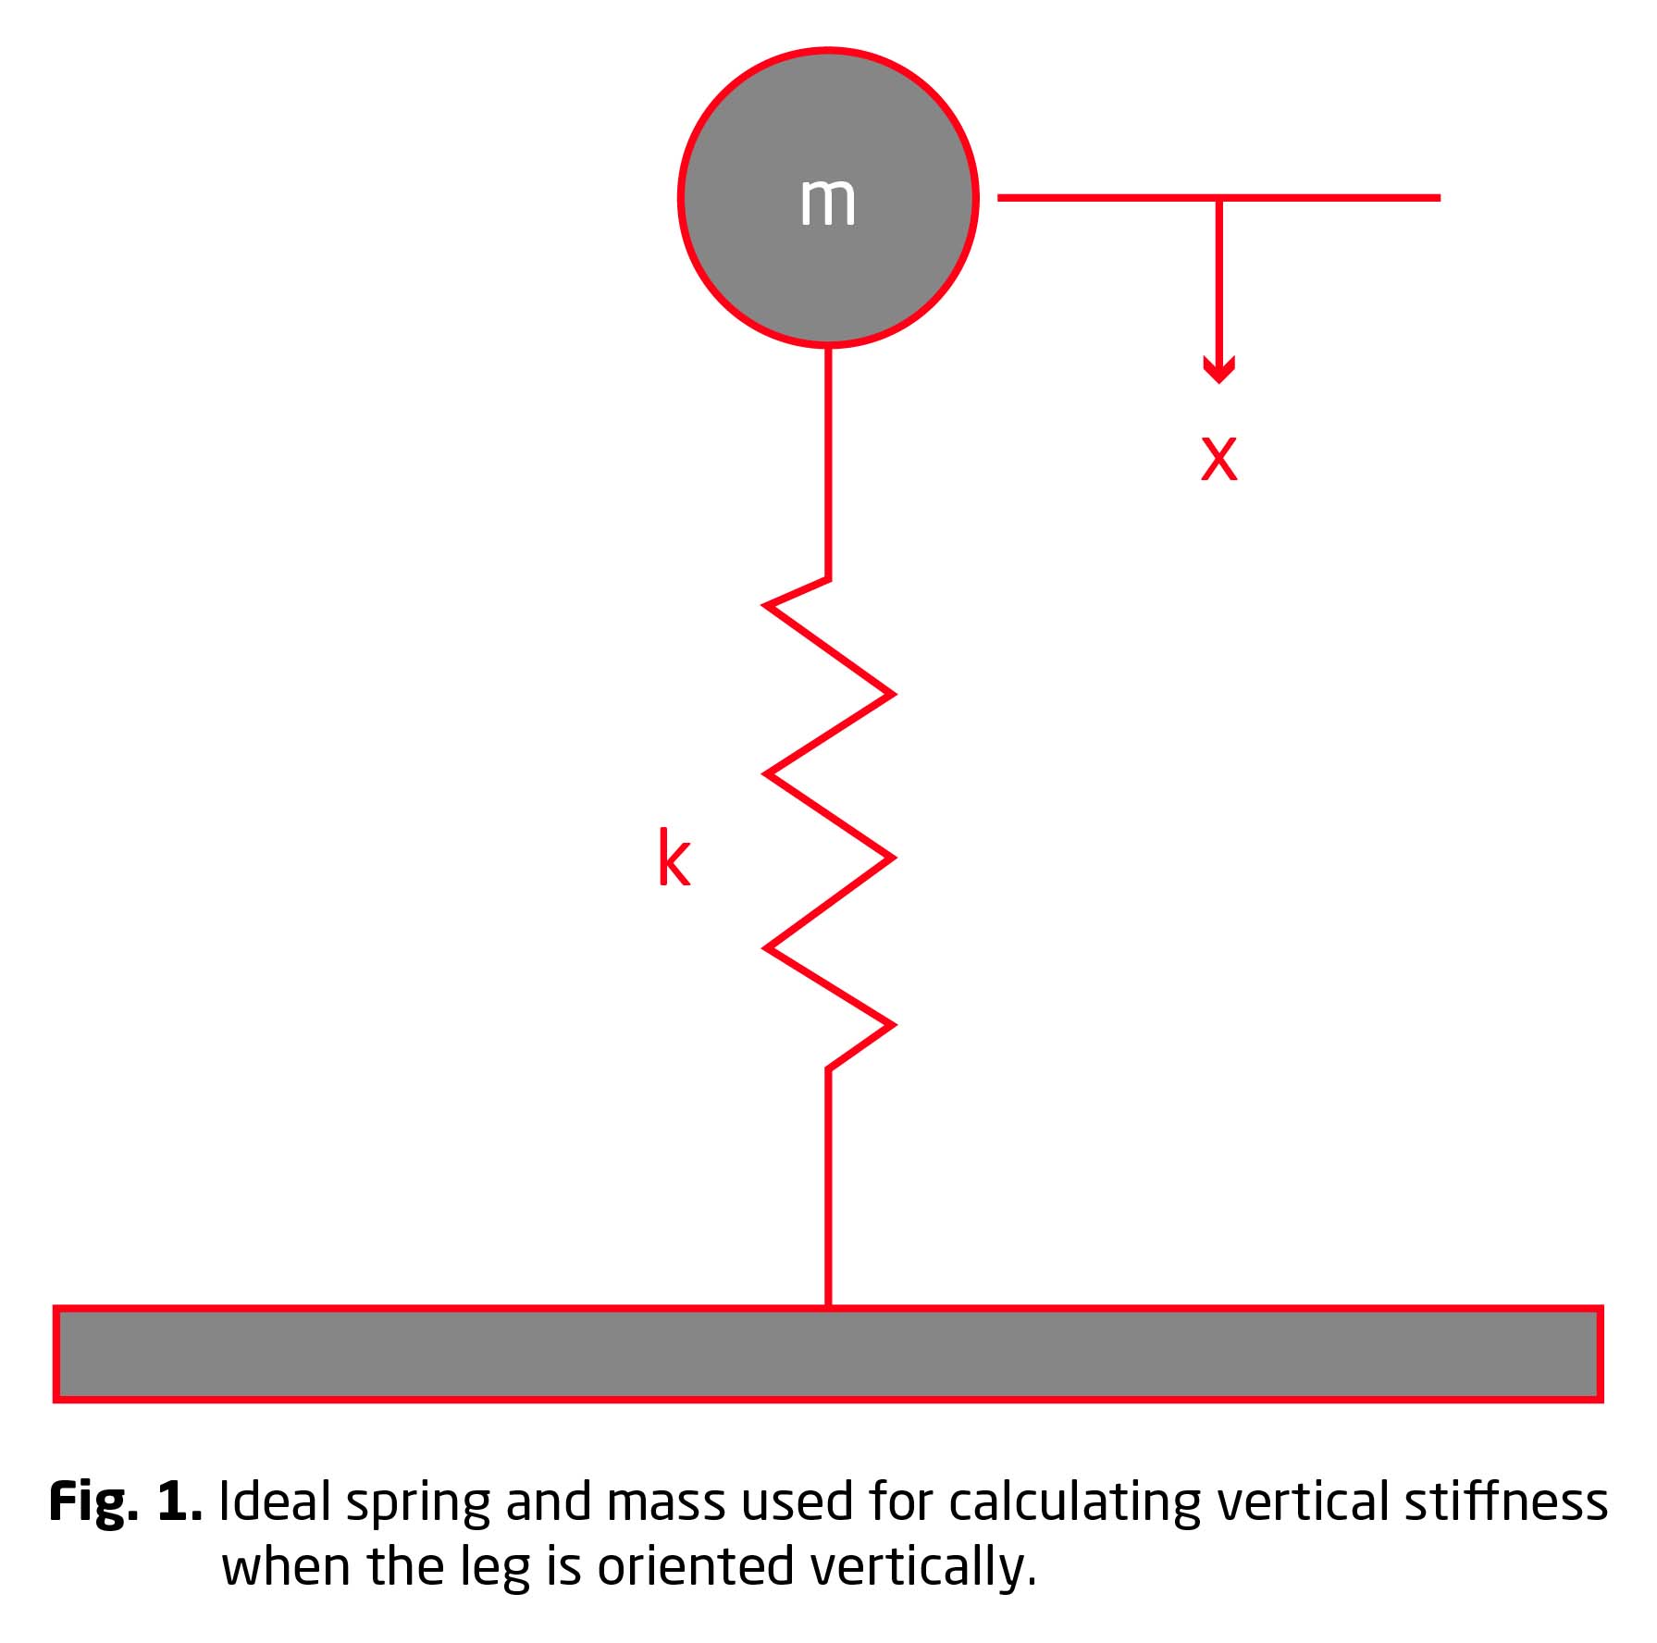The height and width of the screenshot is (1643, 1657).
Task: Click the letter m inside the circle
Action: (827, 201)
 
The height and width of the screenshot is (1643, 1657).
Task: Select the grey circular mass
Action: (828, 197)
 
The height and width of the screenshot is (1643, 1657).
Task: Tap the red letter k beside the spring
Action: (674, 859)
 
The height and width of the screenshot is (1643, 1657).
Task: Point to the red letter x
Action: (1218, 457)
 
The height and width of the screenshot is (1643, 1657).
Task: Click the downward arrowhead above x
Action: (1218, 370)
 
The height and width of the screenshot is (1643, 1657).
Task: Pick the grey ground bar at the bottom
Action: (828, 1354)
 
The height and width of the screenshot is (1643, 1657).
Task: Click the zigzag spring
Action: (828, 823)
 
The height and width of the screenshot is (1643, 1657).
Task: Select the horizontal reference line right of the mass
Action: (1218, 197)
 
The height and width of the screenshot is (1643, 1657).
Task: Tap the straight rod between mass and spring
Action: (828, 463)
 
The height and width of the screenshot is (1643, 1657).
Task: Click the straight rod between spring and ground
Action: (828, 1188)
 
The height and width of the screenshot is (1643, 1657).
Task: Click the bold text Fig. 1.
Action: (125, 1501)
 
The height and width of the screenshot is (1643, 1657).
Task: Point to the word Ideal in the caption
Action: (275, 1501)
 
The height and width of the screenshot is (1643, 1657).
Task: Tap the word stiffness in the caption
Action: (1506, 1501)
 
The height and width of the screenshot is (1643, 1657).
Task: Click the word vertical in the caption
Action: (1302, 1501)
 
